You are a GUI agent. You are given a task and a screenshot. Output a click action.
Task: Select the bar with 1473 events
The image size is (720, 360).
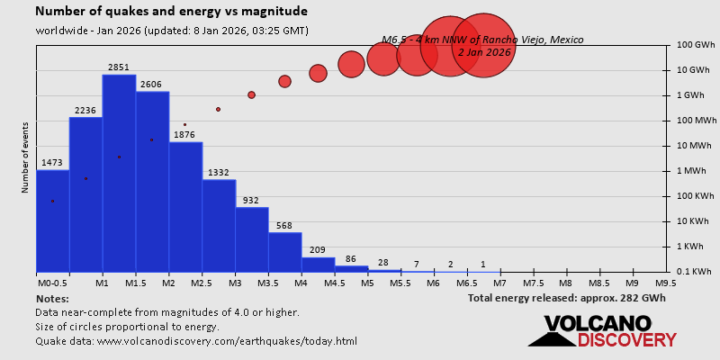pyautogui.click(x=52, y=220)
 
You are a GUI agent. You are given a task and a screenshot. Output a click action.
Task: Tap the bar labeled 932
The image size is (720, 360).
pyautogui.click(x=252, y=239)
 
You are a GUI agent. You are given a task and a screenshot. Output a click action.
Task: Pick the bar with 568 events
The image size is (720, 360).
pyautogui.click(x=285, y=252)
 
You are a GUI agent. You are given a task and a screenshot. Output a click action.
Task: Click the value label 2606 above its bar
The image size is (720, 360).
pyautogui.click(x=152, y=84)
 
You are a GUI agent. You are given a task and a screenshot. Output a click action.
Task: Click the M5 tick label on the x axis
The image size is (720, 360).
pyautogui.click(x=367, y=283)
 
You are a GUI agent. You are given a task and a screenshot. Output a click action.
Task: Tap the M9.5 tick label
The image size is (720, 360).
pyautogui.click(x=666, y=283)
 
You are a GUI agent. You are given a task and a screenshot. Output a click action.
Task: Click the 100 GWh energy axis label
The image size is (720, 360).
pyautogui.click(x=695, y=45)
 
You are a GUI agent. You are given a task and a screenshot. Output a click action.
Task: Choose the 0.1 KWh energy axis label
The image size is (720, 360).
pyautogui.click(x=694, y=272)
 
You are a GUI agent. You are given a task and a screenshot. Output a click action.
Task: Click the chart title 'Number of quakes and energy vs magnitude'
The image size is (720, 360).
pyautogui.click(x=172, y=12)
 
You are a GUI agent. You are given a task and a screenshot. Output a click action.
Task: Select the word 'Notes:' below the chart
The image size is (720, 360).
pyautogui.click(x=52, y=297)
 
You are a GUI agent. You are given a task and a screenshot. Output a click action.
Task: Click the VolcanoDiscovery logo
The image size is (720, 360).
pyautogui.click(x=601, y=331)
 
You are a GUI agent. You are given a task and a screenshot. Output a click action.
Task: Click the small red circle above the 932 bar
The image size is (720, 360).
pyautogui.click(x=252, y=94)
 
